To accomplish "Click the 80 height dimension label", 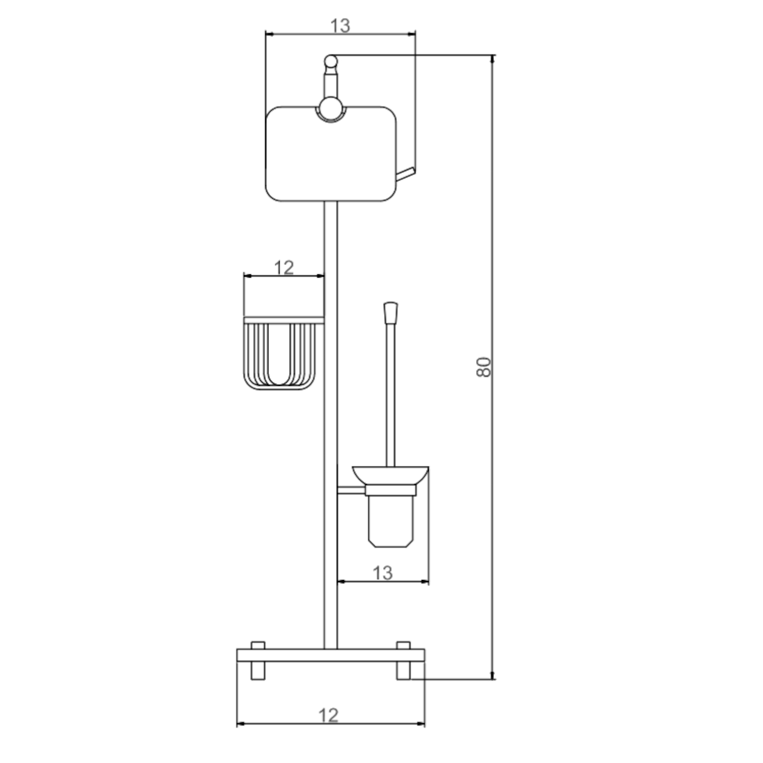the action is [x=485, y=367].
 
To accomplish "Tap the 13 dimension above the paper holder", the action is [x=340, y=25].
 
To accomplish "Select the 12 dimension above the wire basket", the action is [x=284, y=267].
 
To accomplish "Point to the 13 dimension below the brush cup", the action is [x=383, y=573].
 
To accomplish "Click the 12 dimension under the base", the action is [x=329, y=716].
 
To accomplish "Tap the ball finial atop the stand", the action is [x=331, y=62].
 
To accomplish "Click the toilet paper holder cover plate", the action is [x=331, y=154].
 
